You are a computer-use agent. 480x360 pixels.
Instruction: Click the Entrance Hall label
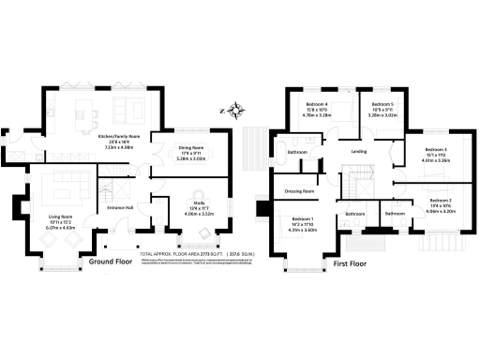tap(120, 207)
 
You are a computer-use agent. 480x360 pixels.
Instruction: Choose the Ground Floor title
tap(108, 262)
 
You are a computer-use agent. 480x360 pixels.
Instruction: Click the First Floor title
tap(352, 263)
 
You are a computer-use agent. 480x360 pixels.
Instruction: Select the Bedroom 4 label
tap(318, 104)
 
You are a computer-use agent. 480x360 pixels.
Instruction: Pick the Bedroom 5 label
tap(381, 104)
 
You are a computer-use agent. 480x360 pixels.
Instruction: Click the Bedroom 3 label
tap(435, 150)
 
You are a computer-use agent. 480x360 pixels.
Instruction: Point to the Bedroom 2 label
tap(441, 201)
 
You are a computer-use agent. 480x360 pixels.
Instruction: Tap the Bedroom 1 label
tap(305, 218)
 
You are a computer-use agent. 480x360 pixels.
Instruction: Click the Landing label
tap(358, 150)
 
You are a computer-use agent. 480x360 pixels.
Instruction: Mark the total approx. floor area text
tap(187, 254)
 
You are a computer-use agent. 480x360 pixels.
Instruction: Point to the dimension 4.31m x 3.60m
tap(305, 230)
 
